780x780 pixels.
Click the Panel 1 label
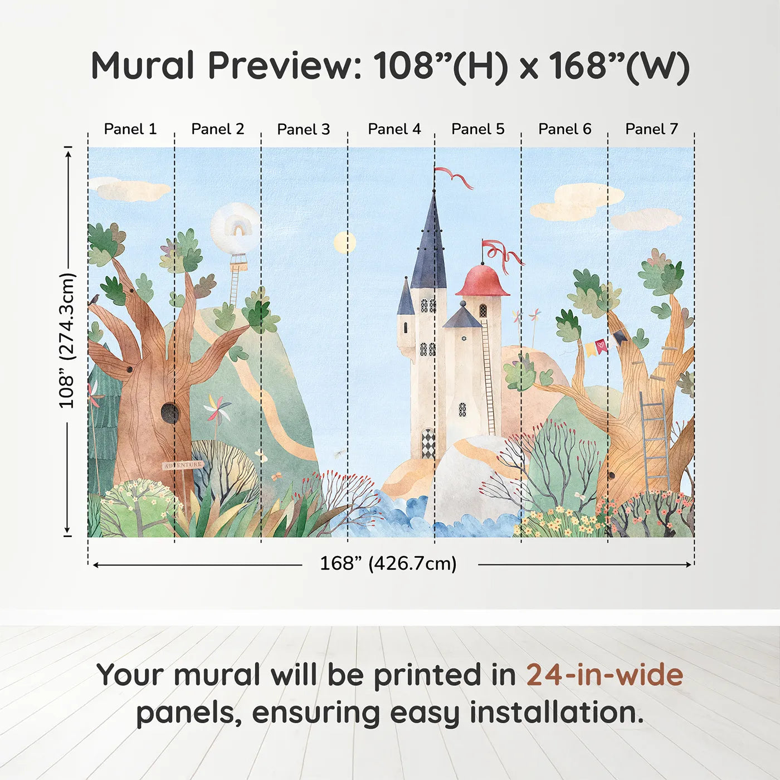tap(130, 129)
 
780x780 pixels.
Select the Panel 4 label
tap(394, 129)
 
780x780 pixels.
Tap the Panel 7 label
tap(651, 129)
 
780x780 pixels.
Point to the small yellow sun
tap(345, 243)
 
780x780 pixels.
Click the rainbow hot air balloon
tap(236, 237)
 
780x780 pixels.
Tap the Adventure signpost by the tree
tap(183, 465)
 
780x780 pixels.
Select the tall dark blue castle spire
tap(428, 243)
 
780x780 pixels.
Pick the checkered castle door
tap(428, 443)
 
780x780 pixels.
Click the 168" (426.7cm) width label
tap(388, 563)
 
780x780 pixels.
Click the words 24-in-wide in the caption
tap(604, 675)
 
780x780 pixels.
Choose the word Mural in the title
tap(143, 65)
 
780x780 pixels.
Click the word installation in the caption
tap(557, 713)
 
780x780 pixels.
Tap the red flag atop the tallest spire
tap(453, 177)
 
